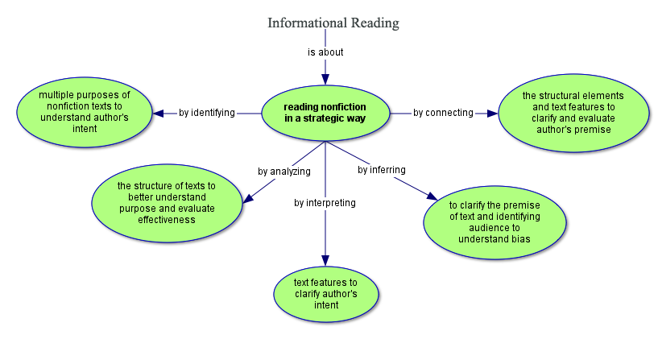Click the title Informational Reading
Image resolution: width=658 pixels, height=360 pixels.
click(x=333, y=23)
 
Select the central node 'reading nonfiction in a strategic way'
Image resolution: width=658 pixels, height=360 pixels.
click(x=325, y=113)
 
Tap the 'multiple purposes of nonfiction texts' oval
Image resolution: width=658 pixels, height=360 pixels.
click(x=84, y=112)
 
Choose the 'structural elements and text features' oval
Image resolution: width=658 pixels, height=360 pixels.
click(x=573, y=113)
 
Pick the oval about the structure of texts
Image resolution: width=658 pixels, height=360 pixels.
click(x=167, y=202)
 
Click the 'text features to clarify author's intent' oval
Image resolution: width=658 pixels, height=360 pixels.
click(x=325, y=293)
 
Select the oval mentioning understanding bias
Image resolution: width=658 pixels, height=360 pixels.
click(x=494, y=221)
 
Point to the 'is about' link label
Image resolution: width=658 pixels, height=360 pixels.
click(x=325, y=52)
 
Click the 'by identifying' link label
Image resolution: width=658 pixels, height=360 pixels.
click(x=207, y=113)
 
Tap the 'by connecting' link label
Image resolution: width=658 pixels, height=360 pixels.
click(x=443, y=113)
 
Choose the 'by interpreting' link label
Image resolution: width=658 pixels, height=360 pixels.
click(x=325, y=202)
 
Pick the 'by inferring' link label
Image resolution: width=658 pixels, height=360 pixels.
click(x=381, y=170)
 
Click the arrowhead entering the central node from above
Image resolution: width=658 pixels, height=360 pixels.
click(x=325, y=78)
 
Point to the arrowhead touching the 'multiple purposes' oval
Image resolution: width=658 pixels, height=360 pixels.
click(x=159, y=113)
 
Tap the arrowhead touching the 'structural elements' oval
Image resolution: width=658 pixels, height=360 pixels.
click(x=492, y=113)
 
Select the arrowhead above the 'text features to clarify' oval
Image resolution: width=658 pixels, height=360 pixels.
click(x=325, y=259)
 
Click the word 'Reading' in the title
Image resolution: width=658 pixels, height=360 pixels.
click(x=375, y=23)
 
